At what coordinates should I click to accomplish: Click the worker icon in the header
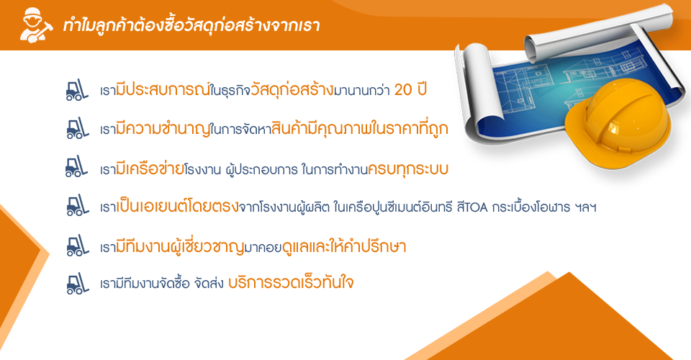click(x=36, y=25)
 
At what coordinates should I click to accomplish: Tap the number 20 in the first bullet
click(x=403, y=90)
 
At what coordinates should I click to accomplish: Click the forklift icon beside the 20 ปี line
click(x=77, y=90)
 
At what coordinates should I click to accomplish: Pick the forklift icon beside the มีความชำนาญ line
click(x=77, y=128)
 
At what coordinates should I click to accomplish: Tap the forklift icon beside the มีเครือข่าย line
click(x=77, y=166)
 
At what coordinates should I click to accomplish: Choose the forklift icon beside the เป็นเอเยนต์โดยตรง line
click(x=77, y=205)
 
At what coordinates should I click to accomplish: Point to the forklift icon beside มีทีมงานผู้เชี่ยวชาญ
click(x=77, y=246)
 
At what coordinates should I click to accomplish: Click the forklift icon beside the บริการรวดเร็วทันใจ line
click(x=77, y=283)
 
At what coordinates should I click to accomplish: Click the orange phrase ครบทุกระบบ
click(x=407, y=168)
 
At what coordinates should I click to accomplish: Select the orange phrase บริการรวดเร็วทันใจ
click(x=291, y=282)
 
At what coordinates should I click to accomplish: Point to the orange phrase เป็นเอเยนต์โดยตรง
click(x=177, y=206)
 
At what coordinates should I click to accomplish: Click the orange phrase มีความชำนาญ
click(x=163, y=128)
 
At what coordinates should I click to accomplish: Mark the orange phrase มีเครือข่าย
click(x=150, y=168)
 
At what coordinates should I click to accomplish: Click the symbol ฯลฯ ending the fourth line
click(x=586, y=207)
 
